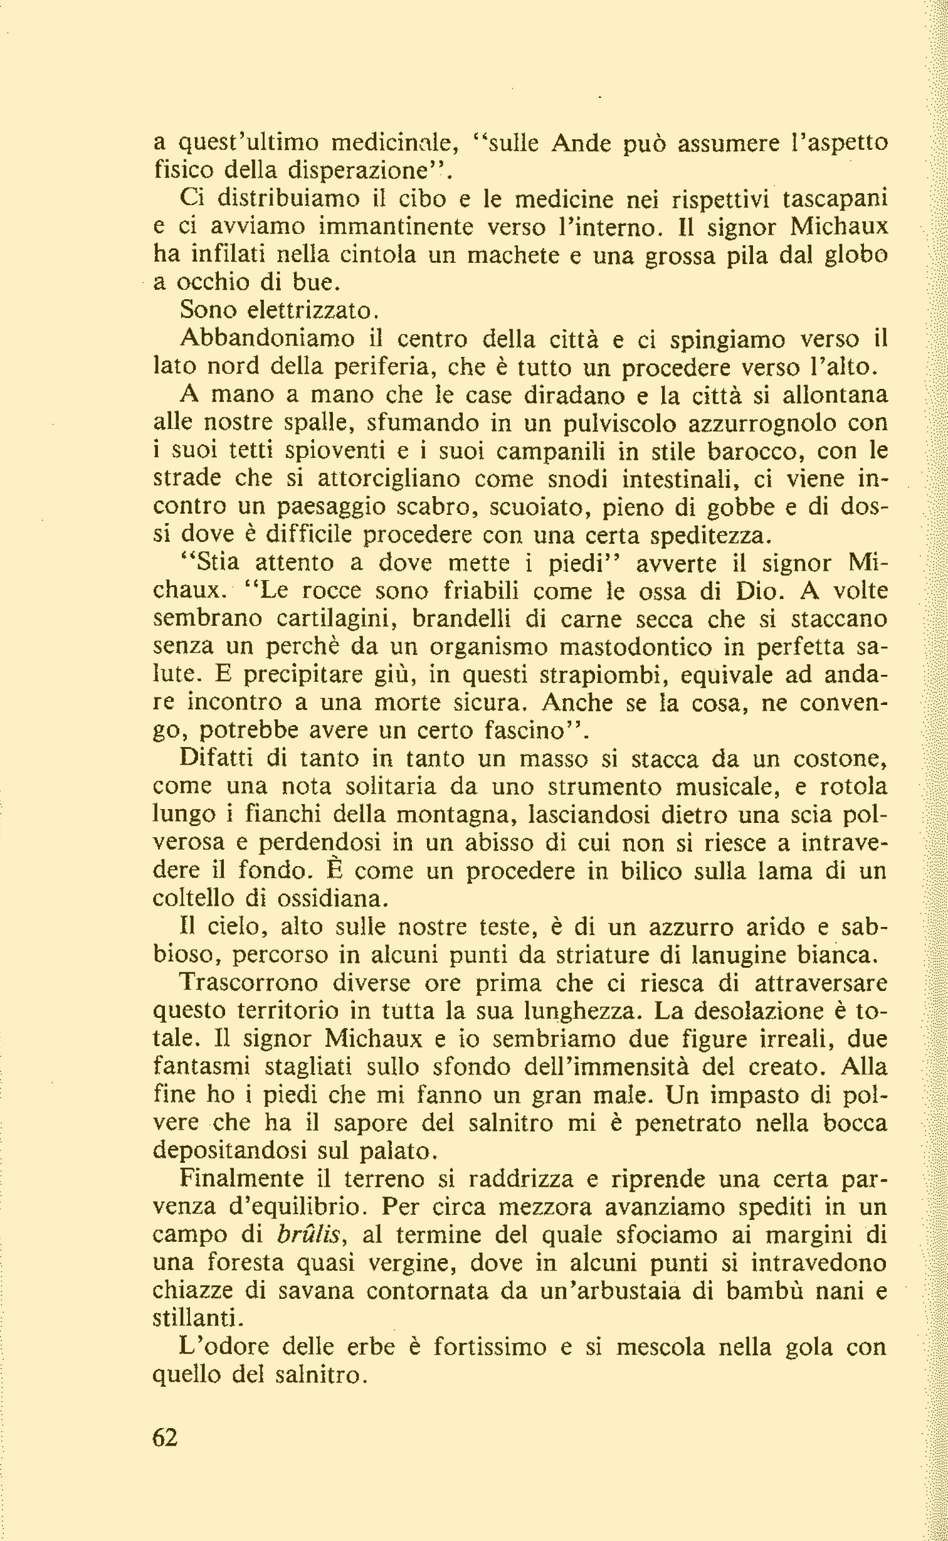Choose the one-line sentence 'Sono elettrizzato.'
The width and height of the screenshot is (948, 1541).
(x=278, y=310)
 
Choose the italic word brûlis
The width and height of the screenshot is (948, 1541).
(x=308, y=1234)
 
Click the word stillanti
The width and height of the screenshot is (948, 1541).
(x=196, y=1319)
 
